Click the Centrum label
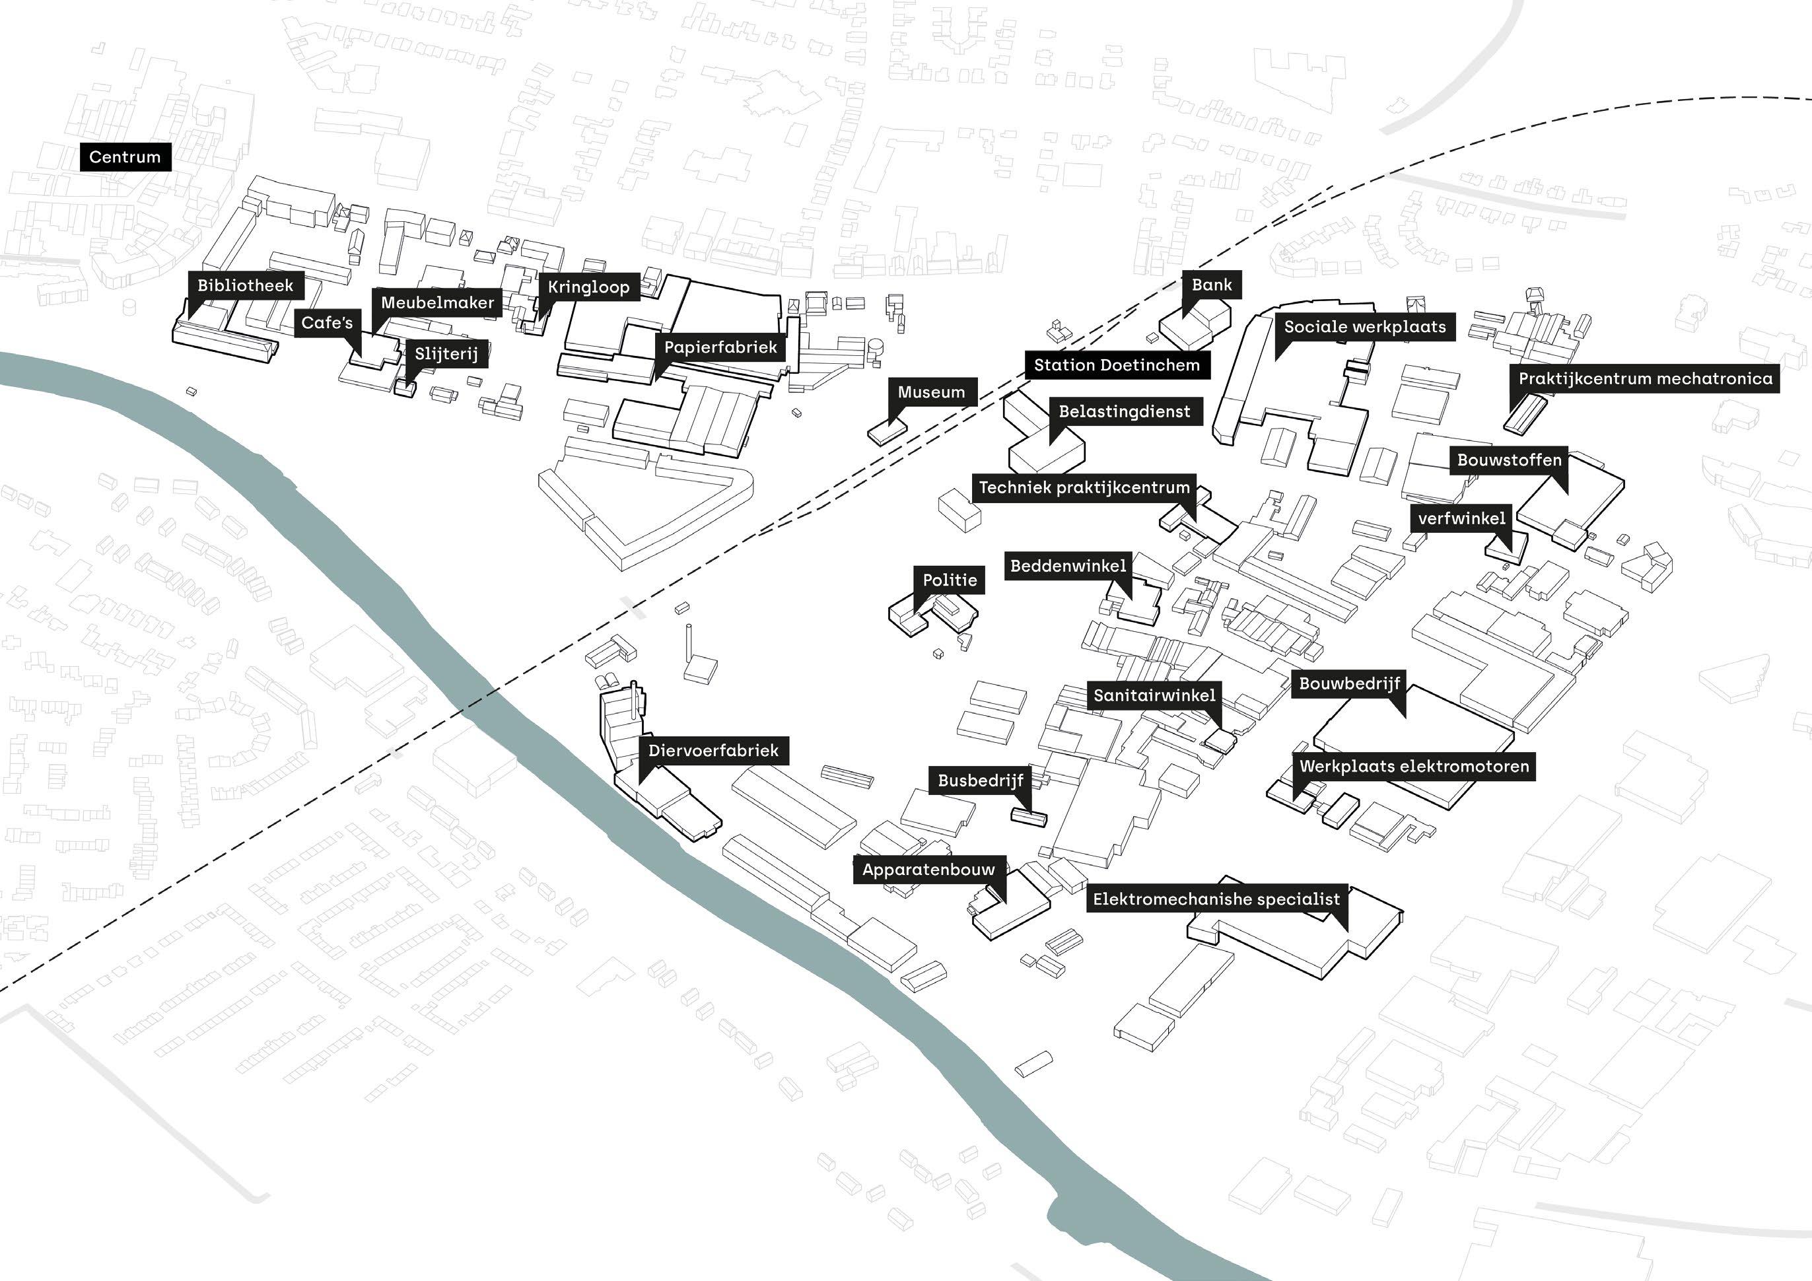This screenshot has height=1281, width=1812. point(125,157)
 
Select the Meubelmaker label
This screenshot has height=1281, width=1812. point(437,302)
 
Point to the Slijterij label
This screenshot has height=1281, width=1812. point(446,354)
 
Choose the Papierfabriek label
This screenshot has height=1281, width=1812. point(720,347)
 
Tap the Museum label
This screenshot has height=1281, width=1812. point(931,392)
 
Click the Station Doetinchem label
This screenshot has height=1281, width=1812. point(1116,364)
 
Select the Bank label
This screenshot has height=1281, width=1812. point(1212,285)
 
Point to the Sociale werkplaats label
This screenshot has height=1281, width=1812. point(1364,327)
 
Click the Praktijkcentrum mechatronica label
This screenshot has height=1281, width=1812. point(1645,379)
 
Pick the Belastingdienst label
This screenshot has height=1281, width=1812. point(1124,411)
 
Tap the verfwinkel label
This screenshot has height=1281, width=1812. point(1461,518)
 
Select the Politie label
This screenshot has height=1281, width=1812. point(950,580)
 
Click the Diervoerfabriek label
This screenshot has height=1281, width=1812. point(713,751)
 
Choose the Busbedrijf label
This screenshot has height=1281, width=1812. point(980,780)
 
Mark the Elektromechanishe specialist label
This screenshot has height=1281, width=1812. point(1215,899)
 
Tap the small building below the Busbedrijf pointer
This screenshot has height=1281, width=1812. point(1029,817)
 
